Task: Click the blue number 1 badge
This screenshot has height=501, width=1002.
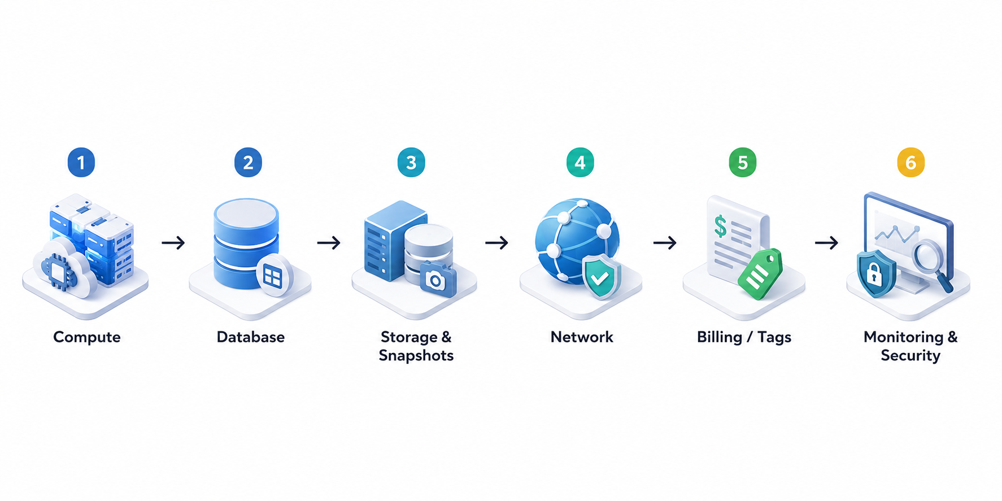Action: click(81, 163)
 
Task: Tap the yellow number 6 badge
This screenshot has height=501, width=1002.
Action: click(910, 163)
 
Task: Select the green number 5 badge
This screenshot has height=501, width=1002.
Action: click(743, 163)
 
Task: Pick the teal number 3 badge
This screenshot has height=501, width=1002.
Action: click(411, 163)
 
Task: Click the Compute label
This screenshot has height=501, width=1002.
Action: click(87, 337)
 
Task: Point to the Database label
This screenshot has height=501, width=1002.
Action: click(251, 337)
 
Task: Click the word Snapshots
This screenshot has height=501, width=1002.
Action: click(416, 356)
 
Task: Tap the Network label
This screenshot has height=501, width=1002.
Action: click(582, 337)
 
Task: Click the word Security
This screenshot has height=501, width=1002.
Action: click(910, 356)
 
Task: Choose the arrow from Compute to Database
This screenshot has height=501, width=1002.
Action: click(173, 243)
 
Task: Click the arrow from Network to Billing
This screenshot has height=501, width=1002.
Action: click(665, 243)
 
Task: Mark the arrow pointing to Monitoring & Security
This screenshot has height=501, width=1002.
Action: click(826, 243)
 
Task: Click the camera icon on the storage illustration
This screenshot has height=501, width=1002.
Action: click(438, 278)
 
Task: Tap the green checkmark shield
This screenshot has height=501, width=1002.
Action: click(601, 276)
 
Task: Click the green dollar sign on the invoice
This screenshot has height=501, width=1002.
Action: click(720, 226)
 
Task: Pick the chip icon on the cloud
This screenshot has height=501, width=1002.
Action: click(58, 272)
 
